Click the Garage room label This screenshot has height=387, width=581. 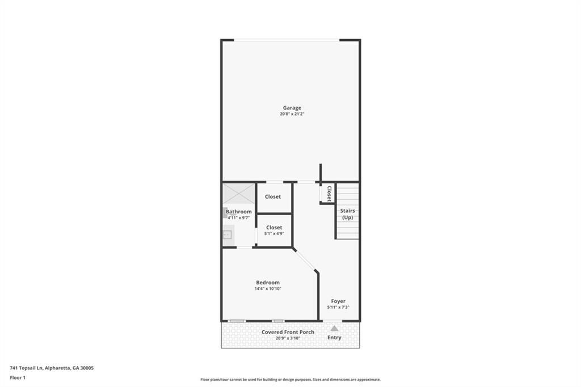pos(292,108)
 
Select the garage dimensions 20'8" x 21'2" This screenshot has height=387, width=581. pos(292,114)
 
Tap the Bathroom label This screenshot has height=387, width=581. pos(239,212)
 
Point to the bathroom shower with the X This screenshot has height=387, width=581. pos(239,193)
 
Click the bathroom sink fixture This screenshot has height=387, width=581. pos(227,235)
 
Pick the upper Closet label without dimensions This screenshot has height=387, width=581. pos(273,197)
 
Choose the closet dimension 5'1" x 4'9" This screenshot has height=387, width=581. pos(274,234)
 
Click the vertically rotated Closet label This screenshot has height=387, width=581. pos(329,193)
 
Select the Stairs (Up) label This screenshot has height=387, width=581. pos(348,214)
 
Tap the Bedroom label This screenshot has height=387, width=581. pos(268,283)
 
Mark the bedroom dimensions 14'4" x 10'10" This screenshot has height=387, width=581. pos(268,289)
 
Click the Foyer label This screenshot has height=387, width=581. pos(338,301)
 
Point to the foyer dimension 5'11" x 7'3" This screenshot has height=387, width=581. pos(338,308)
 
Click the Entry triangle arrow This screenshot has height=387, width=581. pos(334,329)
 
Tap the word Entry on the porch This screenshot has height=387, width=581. pos(334,338)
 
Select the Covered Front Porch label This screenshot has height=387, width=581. pos(288,332)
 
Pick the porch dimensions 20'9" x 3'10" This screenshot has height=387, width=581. pos(288,338)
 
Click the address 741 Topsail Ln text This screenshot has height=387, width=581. pos(27,368)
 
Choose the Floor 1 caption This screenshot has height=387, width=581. pos(18,378)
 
